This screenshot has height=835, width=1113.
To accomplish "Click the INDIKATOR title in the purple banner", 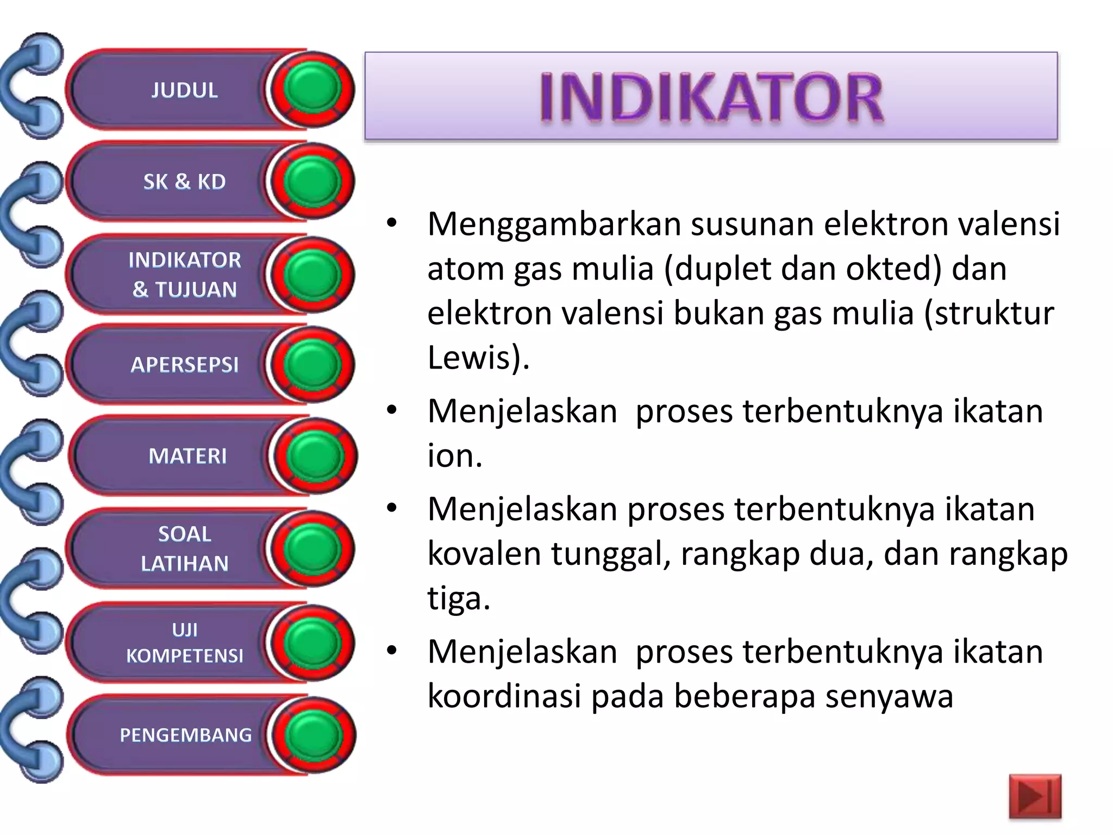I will (711, 98).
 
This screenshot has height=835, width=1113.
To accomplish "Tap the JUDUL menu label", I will (184, 90).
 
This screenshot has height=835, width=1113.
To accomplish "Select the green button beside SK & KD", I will (312, 182).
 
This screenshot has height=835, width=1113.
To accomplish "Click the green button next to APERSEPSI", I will (312, 364).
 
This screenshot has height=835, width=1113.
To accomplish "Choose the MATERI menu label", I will (187, 456).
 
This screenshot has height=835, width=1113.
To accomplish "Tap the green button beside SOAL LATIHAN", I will (312, 549).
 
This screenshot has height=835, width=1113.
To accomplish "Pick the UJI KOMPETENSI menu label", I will (184, 643).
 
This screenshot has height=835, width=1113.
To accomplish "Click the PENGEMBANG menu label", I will (185, 735).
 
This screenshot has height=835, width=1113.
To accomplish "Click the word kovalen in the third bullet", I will (484, 554).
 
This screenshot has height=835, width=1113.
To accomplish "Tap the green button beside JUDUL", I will (312, 89).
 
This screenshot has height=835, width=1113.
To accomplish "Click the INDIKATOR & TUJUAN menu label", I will (184, 275).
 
